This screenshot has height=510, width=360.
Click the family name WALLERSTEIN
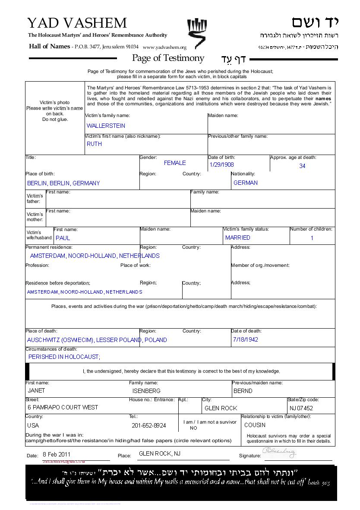(106, 126)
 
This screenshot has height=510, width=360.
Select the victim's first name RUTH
(94, 144)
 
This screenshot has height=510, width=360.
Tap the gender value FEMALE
(175, 163)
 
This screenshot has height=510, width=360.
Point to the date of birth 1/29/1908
(221, 165)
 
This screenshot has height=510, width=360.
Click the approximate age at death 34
(302, 166)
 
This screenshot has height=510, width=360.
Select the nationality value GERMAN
(246, 183)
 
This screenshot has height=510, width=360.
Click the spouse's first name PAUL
(63, 238)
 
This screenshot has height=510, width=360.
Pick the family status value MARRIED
(237, 238)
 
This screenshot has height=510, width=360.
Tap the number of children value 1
(312, 238)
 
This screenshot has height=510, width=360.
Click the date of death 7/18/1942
(245, 339)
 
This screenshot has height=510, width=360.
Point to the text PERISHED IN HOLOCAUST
(64, 357)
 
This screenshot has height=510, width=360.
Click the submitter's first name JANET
(36, 390)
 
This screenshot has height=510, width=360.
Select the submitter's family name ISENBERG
(146, 391)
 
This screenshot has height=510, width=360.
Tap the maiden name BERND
(243, 391)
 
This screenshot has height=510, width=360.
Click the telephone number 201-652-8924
(148, 425)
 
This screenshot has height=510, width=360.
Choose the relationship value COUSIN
(255, 425)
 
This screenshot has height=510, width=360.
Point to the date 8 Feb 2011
(57, 454)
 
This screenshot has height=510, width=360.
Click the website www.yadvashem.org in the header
(164, 48)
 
